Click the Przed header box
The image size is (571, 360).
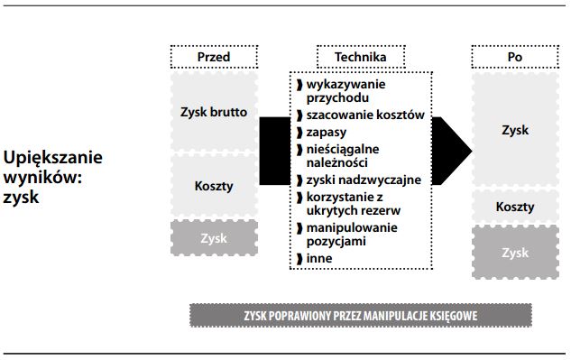(214, 57)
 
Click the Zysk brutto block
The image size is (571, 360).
(214, 113)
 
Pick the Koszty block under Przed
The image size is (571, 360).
(214, 186)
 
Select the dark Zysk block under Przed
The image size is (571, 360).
(214, 238)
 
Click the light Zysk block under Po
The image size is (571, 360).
(515, 130)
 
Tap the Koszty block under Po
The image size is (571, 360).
(515, 207)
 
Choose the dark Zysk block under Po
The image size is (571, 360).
(515, 253)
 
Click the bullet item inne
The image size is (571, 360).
(318, 258)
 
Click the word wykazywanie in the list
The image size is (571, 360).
(346, 84)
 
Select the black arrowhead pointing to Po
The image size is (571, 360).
(456, 144)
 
